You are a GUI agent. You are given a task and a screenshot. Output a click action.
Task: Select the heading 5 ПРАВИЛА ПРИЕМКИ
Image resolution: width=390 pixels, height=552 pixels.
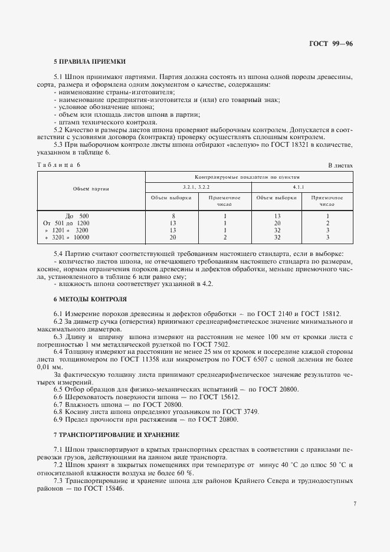(x=89, y=62)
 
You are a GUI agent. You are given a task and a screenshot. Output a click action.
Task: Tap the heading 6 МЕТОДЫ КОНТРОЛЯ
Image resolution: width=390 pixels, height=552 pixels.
(x=90, y=299)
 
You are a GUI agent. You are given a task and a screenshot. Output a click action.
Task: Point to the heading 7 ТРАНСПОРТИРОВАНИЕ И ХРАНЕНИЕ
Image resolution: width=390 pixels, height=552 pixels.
(x=116, y=434)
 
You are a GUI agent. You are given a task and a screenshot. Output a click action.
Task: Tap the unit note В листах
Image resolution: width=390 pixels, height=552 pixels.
(x=340, y=165)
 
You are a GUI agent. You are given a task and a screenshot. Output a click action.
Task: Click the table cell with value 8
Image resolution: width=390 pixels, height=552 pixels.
(x=172, y=216)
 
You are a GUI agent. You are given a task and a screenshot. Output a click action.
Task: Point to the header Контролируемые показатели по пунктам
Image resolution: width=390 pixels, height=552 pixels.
(x=248, y=176)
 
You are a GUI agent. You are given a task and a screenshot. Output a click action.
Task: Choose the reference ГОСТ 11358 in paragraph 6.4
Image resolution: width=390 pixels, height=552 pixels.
(x=182, y=359)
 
